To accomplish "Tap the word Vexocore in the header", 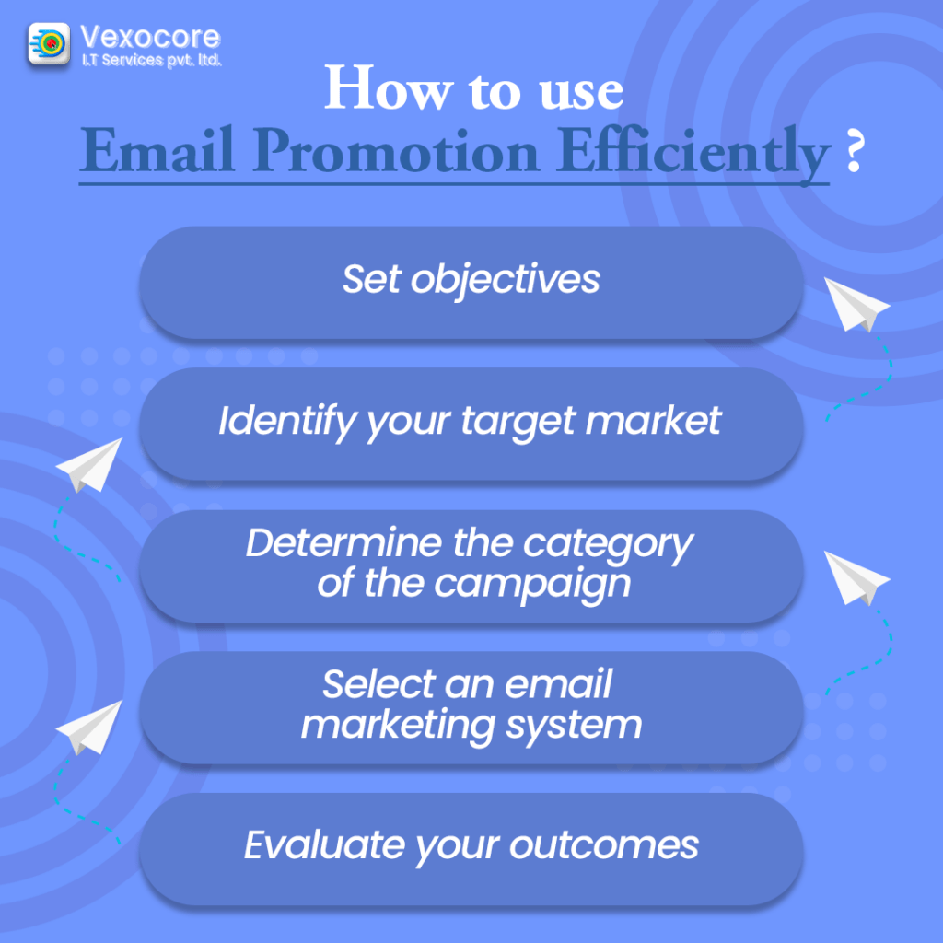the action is click(x=150, y=37).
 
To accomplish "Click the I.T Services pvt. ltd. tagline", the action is click(x=152, y=60).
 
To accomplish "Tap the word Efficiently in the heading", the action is click(x=693, y=154).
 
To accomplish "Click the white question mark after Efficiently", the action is click(x=854, y=152).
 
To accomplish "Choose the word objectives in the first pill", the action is click(x=506, y=281).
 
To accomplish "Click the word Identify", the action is click(x=288, y=422).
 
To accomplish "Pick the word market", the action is click(x=653, y=420).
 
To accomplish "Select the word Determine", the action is click(x=344, y=542).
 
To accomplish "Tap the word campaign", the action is click(x=532, y=586).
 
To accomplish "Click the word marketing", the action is click(x=398, y=727).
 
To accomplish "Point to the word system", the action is click(x=574, y=727).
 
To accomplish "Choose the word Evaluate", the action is click(x=324, y=845).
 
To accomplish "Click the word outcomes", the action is click(x=604, y=846).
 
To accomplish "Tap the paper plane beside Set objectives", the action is click(x=856, y=304).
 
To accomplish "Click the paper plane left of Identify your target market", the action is click(x=89, y=465).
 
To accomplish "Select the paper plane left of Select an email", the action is click(x=89, y=728).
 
